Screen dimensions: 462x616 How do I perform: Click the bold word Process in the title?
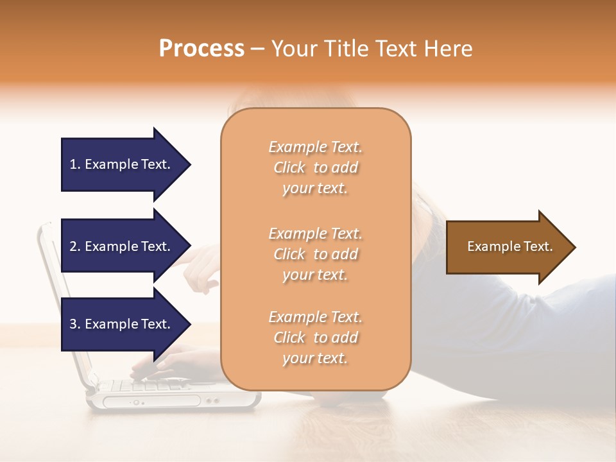201,49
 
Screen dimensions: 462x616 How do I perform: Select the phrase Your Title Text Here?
372,49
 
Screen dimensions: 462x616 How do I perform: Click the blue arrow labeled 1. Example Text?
122,164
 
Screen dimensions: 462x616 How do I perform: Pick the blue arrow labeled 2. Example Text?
122,246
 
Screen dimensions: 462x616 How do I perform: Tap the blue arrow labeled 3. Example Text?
122,324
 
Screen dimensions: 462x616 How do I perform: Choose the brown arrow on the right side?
507,247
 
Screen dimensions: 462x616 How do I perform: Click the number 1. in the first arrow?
75,164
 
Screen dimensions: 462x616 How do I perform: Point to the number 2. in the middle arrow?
75,246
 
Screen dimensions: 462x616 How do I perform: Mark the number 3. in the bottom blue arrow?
75,324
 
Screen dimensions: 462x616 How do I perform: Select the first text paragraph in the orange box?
315,167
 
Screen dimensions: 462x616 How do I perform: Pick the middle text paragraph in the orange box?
315,254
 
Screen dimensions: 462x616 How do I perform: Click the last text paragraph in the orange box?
315,338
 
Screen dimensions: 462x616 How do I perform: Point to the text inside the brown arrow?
509,246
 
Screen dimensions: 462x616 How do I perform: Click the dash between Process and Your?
258,49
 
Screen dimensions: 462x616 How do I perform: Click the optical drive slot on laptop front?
151,402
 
